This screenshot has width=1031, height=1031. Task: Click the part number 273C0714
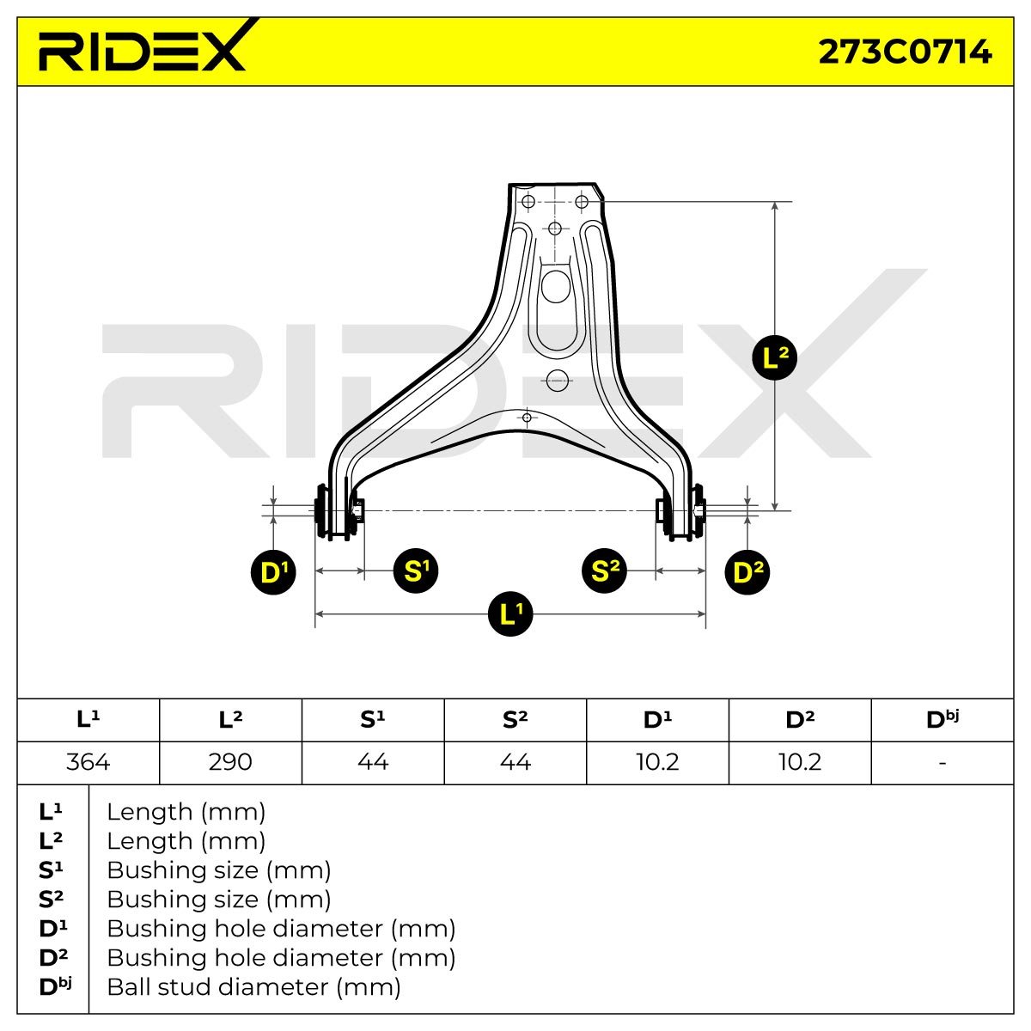[905, 52]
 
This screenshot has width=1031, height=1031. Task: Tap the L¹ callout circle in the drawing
[510, 613]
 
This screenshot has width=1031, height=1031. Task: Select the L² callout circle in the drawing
[774, 357]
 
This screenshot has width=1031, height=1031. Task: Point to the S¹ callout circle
[416, 570]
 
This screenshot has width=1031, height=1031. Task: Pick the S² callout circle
[604, 570]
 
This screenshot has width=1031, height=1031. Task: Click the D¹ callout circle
[273, 572]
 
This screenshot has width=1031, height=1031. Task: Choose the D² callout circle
[747, 572]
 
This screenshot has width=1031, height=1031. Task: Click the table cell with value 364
[88, 762]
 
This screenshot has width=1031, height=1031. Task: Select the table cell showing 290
[230, 762]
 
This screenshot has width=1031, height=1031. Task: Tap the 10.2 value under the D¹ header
[657, 762]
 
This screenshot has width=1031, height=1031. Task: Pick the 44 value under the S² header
[515, 762]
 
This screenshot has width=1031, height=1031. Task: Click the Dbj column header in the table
[943, 720]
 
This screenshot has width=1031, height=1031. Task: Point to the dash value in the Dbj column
[943, 762]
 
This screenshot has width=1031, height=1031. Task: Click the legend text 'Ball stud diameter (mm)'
[253, 987]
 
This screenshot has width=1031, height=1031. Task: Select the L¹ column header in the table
[88, 720]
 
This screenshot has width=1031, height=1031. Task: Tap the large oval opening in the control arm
[555, 286]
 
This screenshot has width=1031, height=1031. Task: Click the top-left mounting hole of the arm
[528, 202]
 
